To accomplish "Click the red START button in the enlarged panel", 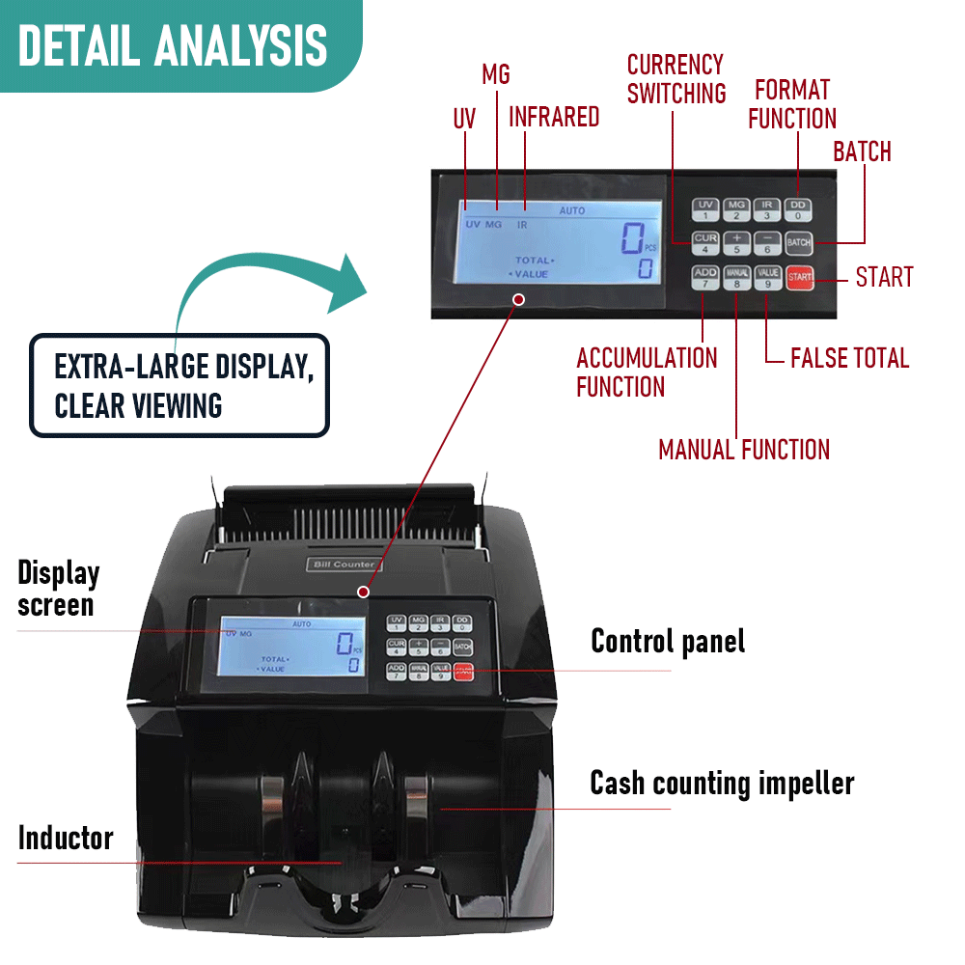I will coord(800,277).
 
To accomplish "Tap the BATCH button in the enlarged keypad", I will coord(798,242).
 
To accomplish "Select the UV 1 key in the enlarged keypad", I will coord(705,209).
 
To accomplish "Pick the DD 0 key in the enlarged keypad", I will coord(798,209).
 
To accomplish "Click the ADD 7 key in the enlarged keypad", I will coord(705,277).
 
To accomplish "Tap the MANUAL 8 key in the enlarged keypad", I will coord(736,277).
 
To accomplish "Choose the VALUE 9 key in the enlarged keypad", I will coord(767,277).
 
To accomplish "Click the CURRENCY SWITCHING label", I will coord(675,79).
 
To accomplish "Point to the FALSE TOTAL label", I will coord(849,358).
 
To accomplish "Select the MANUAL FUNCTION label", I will coord(743,449).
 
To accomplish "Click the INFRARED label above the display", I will coord(554,117).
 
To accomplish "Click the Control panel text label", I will coord(668,641).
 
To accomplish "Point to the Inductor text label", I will coord(66,838).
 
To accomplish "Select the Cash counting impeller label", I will coord(722,783).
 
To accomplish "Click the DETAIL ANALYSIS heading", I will coord(174,45).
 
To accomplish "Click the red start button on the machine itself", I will coord(464,672).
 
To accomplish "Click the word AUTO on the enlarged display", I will coord(571,210).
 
